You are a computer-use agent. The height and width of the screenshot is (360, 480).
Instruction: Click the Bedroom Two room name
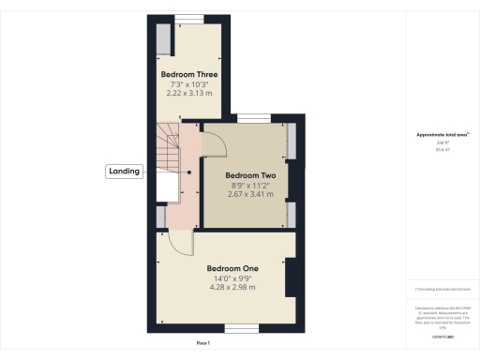click(x=249, y=174)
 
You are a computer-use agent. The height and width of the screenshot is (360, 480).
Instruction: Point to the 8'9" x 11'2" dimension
click(x=249, y=186)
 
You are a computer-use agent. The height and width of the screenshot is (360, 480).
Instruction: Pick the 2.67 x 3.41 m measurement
click(x=249, y=195)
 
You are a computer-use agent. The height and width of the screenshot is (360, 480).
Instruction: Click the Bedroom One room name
click(x=232, y=268)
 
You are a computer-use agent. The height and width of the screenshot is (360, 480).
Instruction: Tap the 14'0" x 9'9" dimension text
click(x=232, y=278)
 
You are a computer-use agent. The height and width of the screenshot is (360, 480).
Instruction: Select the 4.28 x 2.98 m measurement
click(x=232, y=288)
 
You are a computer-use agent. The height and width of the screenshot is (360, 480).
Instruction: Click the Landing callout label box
click(x=125, y=171)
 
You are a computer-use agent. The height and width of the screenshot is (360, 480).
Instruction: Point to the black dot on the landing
click(x=189, y=172)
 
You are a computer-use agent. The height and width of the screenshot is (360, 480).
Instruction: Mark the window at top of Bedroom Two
click(x=250, y=118)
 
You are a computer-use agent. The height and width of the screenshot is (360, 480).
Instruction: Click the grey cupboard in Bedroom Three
click(x=164, y=40)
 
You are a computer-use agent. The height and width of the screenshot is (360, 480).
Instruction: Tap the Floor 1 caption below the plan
click(x=202, y=344)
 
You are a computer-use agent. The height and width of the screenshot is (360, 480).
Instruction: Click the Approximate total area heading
click(x=442, y=135)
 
